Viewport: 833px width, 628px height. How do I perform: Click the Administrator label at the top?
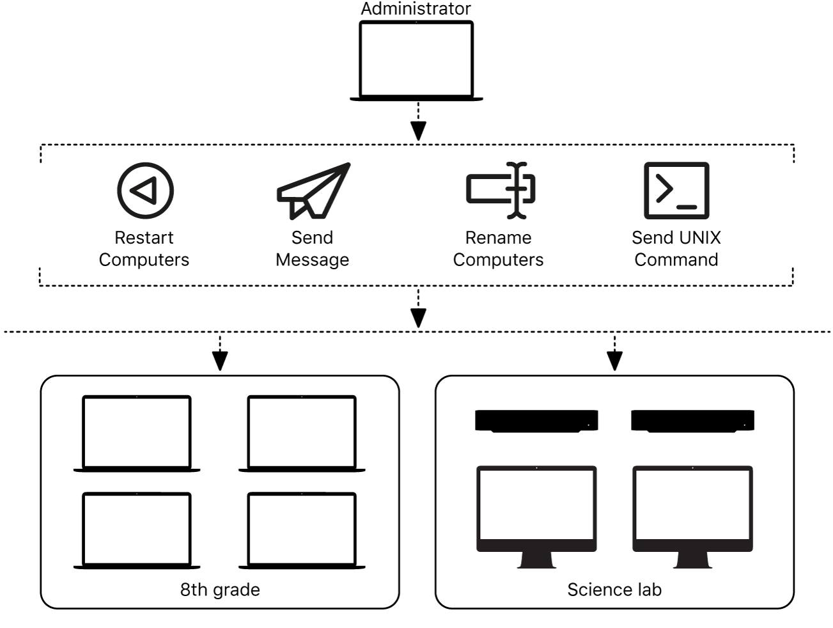pos(416,9)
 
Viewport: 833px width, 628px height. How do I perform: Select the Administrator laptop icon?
pos(416,60)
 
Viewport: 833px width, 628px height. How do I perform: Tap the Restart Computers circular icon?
pos(145,190)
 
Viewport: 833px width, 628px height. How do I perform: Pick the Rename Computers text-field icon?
pos(500,190)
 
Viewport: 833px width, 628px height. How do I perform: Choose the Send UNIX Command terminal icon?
pos(676,190)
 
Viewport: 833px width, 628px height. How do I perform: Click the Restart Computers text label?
pos(144,248)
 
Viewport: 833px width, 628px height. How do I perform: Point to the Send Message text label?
pos(313,248)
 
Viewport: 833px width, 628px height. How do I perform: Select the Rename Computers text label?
pos(498,248)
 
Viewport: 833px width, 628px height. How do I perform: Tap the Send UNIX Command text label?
pos(676,248)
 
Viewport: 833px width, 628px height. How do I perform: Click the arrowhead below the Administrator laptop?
pos(418,131)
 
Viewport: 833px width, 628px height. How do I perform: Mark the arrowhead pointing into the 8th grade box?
pos(220,362)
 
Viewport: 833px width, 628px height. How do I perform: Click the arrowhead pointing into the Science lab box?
pos(614,362)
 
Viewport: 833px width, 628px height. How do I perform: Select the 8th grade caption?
pos(220,590)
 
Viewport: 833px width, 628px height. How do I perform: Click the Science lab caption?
pos(614,590)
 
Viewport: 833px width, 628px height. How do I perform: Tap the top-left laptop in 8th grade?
pos(137,434)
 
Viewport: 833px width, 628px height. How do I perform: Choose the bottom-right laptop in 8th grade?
pos(302,531)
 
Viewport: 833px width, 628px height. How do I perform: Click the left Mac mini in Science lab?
pos(536,421)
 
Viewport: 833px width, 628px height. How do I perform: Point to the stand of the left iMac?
pos(536,560)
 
